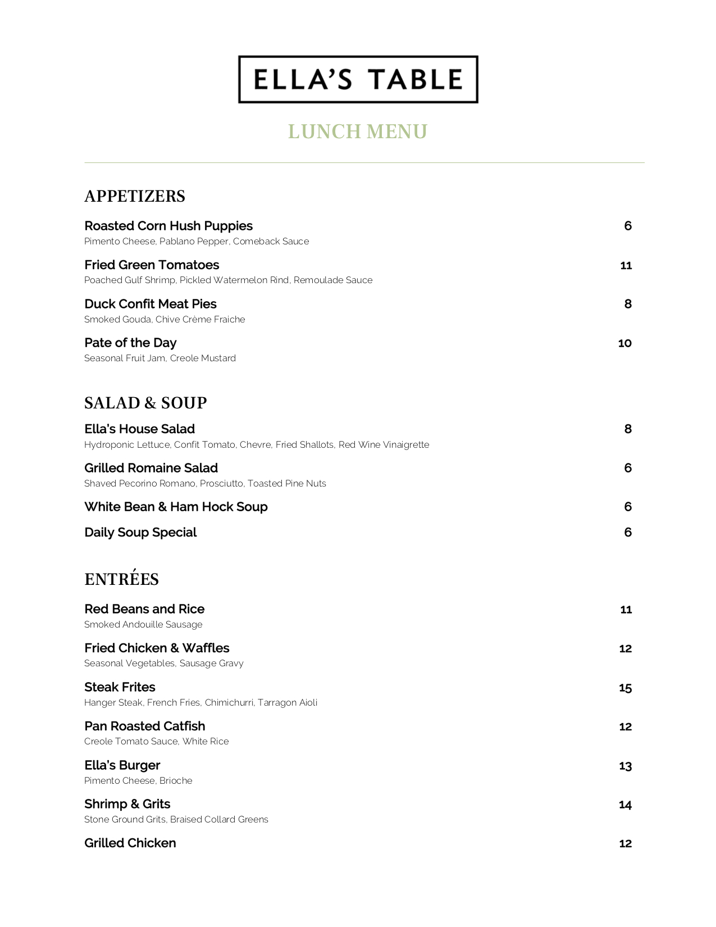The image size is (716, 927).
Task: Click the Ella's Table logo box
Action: [x=358, y=79]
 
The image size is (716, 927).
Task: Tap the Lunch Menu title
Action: [x=358, y=131]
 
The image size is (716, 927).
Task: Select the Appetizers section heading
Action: [x=135, y=196]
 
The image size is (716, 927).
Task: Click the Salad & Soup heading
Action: [x=145, y=403]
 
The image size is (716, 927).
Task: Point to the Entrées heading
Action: [x=122, y=579]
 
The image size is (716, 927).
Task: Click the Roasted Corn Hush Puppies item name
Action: [x=168, y=226]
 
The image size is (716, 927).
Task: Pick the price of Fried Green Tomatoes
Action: [x=626, y=265]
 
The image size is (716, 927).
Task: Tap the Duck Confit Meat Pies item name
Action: [x=151, y=304]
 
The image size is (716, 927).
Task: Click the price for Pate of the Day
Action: [x=624, y=343]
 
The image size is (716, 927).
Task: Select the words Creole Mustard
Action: [x=203, y=358]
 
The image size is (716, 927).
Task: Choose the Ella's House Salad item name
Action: [x=139, y=429]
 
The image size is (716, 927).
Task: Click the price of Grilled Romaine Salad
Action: [x=628, y=468]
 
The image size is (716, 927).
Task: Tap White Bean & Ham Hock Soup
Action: [x=176, y=507]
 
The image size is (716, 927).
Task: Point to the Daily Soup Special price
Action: [x=628, y=533]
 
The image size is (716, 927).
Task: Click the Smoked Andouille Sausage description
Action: [x=143, y=625]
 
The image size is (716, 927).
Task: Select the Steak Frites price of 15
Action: [x=626, y=688]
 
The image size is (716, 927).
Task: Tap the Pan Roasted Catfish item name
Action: [x=145, y=726]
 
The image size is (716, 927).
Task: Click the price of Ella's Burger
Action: [x=626, y=766]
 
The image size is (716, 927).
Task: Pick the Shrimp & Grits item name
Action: [x=127, y=804]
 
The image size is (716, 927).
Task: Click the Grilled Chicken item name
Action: [x=130, y=843]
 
